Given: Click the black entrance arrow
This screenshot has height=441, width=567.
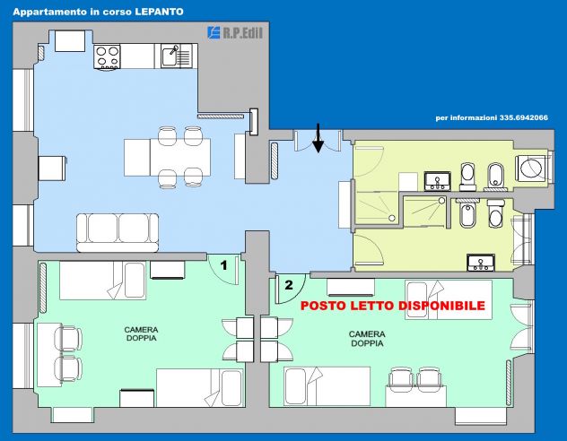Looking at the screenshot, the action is tap(318, 138).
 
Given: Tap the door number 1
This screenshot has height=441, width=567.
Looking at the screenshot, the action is tap(223, 265).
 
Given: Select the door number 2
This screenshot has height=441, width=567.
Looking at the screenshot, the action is tap(289, 285).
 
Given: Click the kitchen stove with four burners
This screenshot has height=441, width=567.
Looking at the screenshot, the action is tap(107, 56).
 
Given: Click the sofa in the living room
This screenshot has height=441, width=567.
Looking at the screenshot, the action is tap(118, 232).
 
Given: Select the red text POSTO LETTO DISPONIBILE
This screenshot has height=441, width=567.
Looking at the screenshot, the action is tap(393, 306).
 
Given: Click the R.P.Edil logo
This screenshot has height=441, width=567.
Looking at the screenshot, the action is tap(235, 33).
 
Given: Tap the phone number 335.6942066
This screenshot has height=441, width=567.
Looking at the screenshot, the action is tap(524, 117).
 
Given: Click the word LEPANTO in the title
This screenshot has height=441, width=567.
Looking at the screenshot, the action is tap(159, 12).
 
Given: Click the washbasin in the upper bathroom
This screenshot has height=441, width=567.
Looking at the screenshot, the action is tap(437, 181).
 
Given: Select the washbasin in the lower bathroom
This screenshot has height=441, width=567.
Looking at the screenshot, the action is tap(481, 263).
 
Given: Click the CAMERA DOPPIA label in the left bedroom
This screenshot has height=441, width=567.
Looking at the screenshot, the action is tap(141, 334).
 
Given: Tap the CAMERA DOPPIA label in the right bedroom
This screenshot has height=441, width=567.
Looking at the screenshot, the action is tap(367, 339).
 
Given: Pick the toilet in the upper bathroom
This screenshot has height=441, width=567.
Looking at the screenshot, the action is tap(467, 177).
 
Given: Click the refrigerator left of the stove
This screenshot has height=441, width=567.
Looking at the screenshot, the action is tap(70, 41).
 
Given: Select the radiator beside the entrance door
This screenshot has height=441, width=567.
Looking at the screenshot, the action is tap(275, 160).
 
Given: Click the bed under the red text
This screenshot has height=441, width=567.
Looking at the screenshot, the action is tap(449, 299).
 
